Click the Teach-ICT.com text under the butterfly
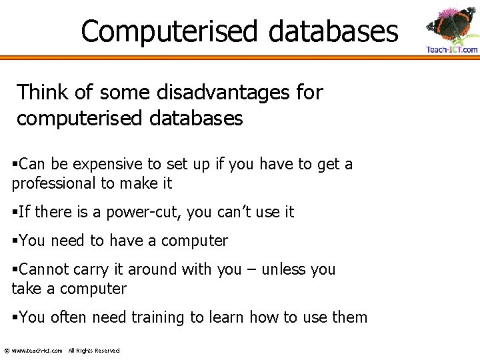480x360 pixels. (x=452, y=50)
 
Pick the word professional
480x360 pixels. (x=54, y=183)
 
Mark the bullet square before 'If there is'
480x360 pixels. (x=15, y=213)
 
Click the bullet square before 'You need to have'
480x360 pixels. (x=15, y=241)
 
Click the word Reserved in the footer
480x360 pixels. (x=107, y=351)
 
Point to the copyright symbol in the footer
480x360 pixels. (x=7, y=351)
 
